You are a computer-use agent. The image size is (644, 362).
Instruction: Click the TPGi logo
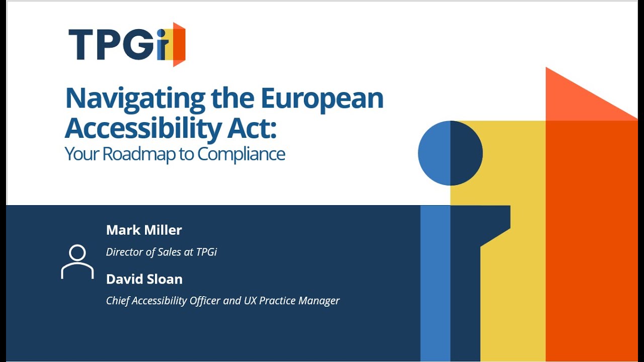[127, 44]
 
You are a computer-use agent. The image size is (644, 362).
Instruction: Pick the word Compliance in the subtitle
[241, 154]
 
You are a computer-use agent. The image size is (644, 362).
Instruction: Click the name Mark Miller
[144, 230]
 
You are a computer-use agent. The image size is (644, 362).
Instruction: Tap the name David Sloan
[144, 279]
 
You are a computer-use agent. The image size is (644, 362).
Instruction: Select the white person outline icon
[77, 261]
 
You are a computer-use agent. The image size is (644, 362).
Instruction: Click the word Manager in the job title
[319, 301]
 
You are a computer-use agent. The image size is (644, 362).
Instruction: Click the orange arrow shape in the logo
[179, 44]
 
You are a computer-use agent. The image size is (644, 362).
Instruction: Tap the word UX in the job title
[251, 301]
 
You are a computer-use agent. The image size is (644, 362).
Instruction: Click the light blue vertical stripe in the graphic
[435, 282]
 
